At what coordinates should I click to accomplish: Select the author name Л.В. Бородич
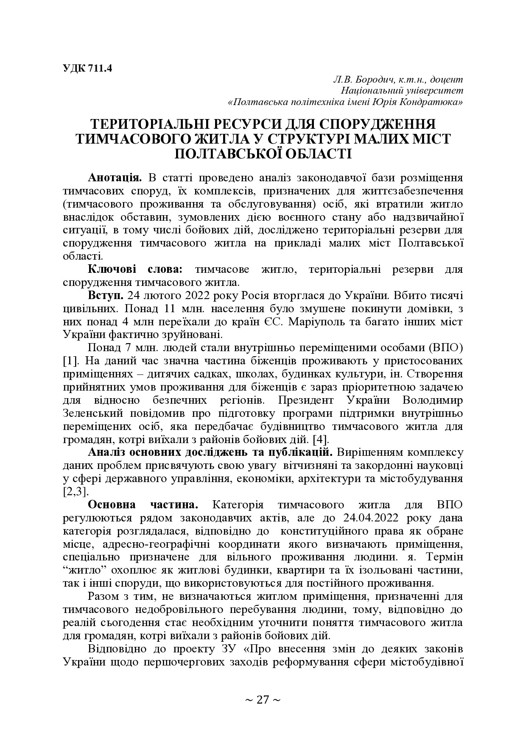coord(364,79)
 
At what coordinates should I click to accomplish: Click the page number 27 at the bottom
coord(263,700)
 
